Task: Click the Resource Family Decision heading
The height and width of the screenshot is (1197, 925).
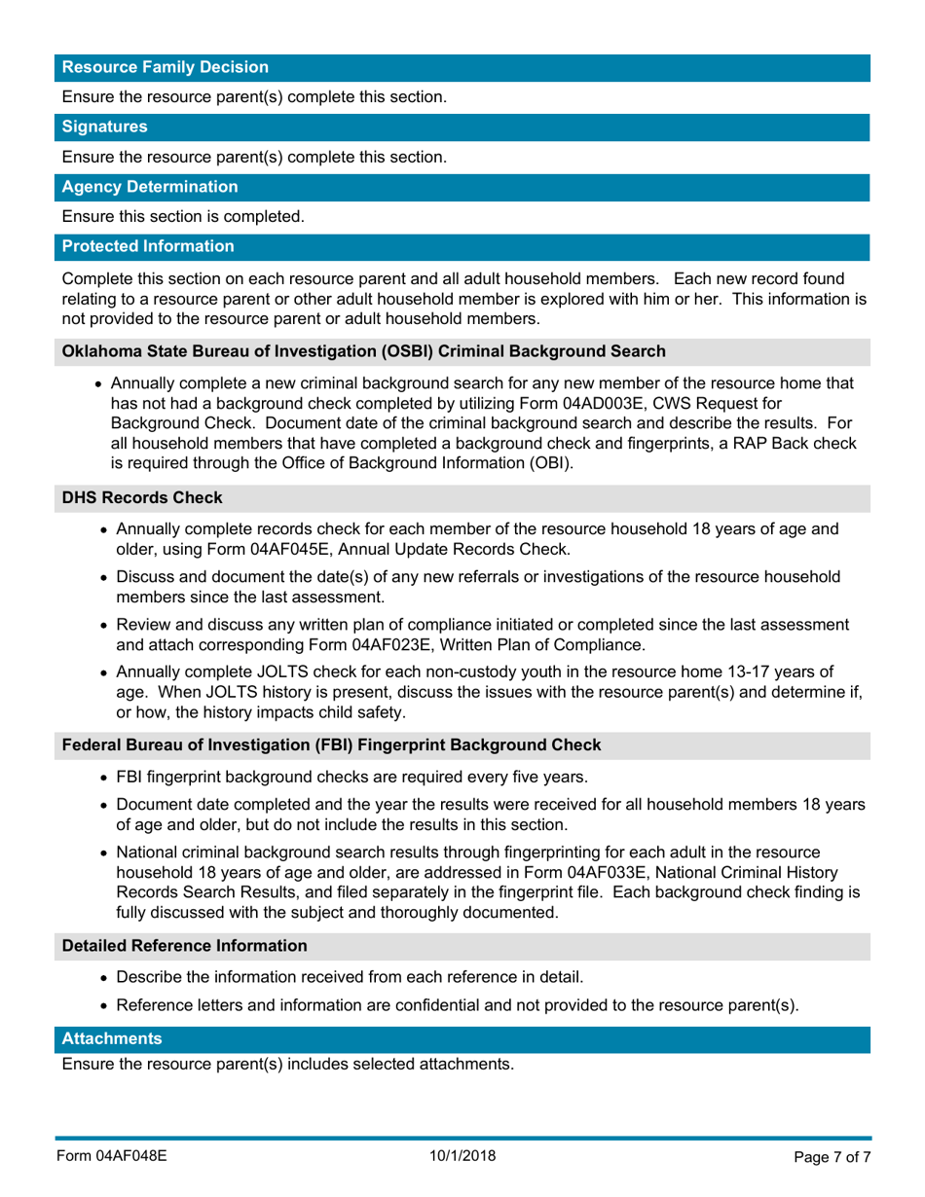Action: click(166, 67)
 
